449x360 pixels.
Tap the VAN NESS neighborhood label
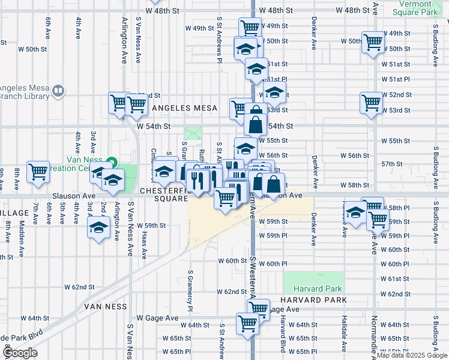point(106,306)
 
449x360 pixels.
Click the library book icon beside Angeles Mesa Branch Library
point(58,91)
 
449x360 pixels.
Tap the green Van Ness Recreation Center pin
point(112,162)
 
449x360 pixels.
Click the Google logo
point(20,353)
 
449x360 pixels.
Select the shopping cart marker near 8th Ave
point(38,171)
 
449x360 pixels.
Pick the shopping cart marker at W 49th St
point(250,27)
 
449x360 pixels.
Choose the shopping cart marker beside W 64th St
point(247,323)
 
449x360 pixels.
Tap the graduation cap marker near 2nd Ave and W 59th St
point(98,227)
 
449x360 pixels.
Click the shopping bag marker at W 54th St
point(255,124)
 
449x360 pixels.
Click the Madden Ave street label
point(22,234)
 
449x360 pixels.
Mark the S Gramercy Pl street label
point(190,288)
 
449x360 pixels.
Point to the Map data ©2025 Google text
point(412,355)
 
